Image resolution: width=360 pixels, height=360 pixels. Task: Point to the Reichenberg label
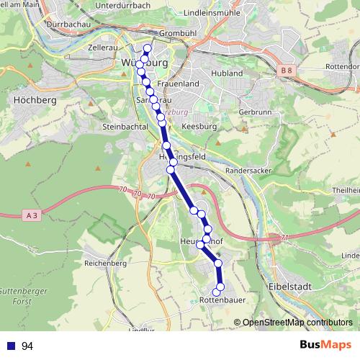pos(105,264)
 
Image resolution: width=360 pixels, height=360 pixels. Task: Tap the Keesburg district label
pos(199,126)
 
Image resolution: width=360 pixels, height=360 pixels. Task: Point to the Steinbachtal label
pos(125,126)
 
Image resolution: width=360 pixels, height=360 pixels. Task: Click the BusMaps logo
pos(326,345)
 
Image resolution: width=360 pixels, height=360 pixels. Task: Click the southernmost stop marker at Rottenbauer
pos(216,291)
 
